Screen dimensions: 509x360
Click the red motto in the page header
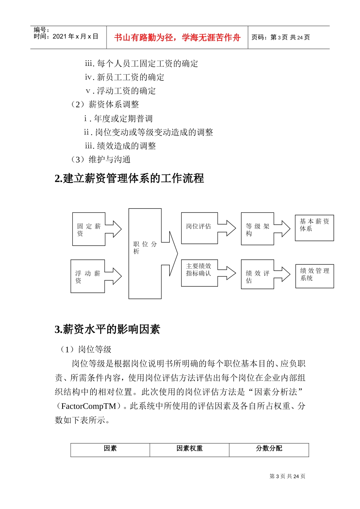pyautogui.click(x=177, y=37)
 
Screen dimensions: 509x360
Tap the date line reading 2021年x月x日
pyautogui.click(x=66, y=36)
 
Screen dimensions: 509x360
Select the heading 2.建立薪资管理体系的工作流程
pyautogui.click(x=129, y=178)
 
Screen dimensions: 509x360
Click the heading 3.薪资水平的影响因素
pyautogui.click(x=107, y=329)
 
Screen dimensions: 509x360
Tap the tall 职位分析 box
pyautogui.click(x=145, y=253)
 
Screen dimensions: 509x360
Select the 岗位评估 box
pyautogui.click(x=199, y=228)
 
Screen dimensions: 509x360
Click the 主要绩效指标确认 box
pyautogui.click(x=199, y=273)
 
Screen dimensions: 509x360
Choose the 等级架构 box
pyautogui.click(x=257, y=229)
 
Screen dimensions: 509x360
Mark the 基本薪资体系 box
pyautogui.click(x=314, y=228)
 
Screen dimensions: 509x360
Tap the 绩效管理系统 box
pyautogui.click(x=315, y=276)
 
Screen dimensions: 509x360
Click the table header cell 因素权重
pyautogui.click(x=189, y=449)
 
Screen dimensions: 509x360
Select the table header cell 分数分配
pyautogui.click(x=269, y=449)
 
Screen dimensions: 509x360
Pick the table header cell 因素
pyautogui.click(x=110, y=449)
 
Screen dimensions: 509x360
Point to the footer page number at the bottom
pyautogui.click(x=287, y=476)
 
